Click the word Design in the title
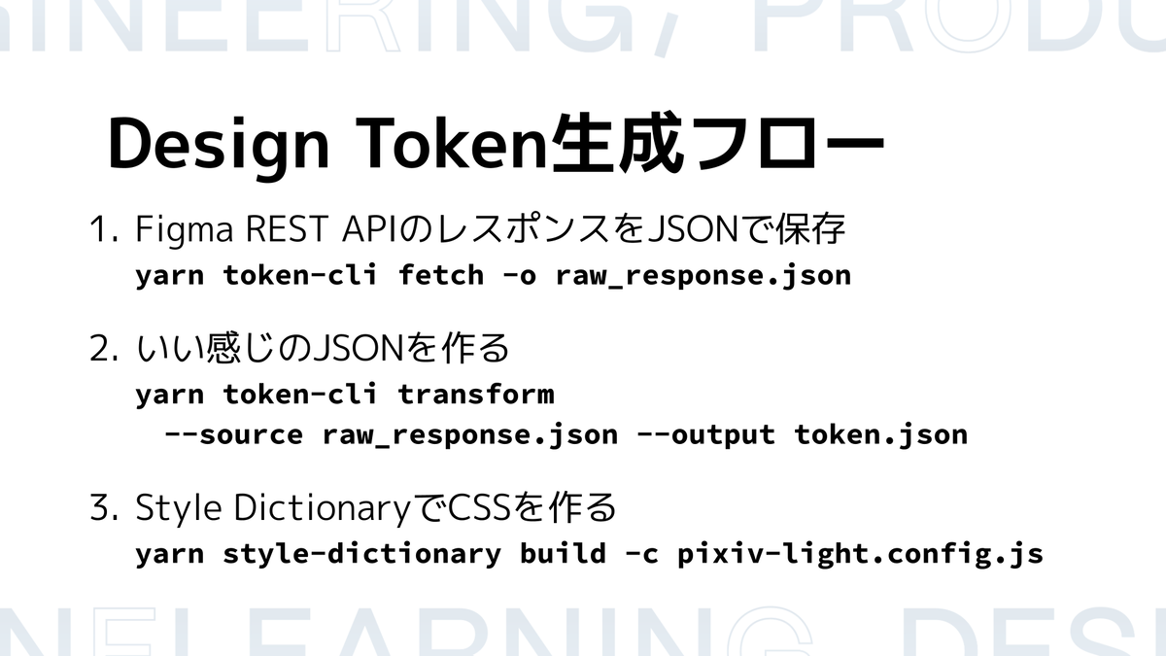point(218,145)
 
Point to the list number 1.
point(104,229)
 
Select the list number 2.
point(104,348)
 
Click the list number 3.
point(104,507)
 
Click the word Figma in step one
point(185,231)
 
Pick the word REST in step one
point(287,229)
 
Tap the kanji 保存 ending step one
point(810,228)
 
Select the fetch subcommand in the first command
point(441,274)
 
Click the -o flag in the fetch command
point(520,276)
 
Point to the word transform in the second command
point(476,393)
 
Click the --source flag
point(234,434)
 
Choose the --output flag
point(705,435)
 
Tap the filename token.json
point(880,434)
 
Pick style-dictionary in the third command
point(361,554)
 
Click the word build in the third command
point(564,552)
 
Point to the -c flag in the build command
point(642,554)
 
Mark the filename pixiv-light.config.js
point(861,554)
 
